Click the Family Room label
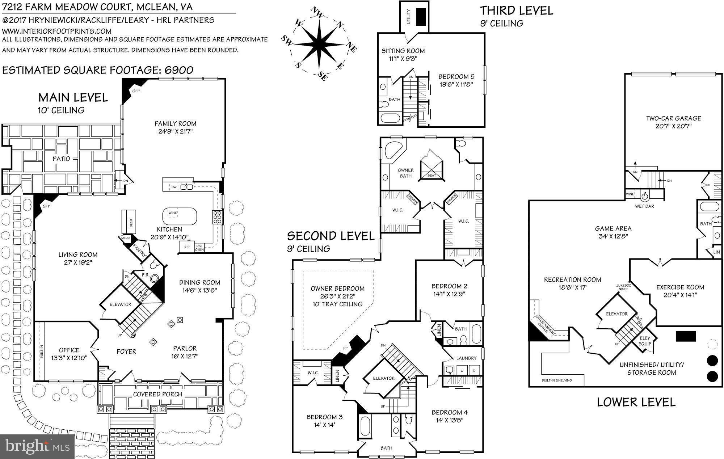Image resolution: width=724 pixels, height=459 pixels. click(175, 123)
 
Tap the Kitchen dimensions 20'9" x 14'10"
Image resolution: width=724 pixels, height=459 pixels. click(170, 237)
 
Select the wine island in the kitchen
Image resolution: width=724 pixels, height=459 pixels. click(180, 216)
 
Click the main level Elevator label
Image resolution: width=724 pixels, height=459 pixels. click(120, 304)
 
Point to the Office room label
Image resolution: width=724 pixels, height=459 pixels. click(69, 350)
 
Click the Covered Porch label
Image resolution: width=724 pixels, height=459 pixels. click(157, 394)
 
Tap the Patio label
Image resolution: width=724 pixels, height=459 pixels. click(61, 159)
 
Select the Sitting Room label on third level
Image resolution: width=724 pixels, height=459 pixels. click(403, 51)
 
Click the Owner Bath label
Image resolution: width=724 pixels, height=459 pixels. click(405, 173)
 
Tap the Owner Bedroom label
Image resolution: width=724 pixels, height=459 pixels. click(337, 289)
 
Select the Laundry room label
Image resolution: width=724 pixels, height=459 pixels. click(466, 358)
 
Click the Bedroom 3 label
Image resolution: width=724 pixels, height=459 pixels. click(324, 417)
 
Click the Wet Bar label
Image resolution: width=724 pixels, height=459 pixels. click(644, 206)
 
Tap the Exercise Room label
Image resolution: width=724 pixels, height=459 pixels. click(680, 287)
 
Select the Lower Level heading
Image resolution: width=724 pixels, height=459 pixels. click(636, 402)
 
